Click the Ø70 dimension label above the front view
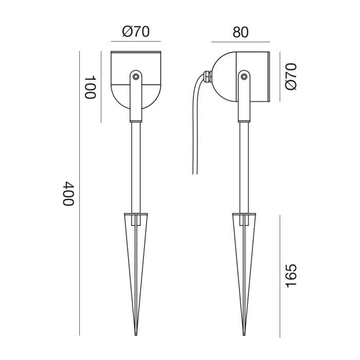pyautogui.click(x=136, y=31)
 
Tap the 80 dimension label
pyautogui.click(x=240, y=31)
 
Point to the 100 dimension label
pyautogui.click(x=91, y=87)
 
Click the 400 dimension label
pyautogui.click(x=68, y=193)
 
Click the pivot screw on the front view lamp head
pyautogui.click(x=135, y=76)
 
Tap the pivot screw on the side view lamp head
pyautogui.click(x=243, y=77)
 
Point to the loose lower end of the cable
pyautogui.click(x=195, y=173)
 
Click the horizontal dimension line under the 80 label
pyautogui.click(x=240, y=42)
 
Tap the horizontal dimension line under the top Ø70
pyautogui.click(x=136, y=42)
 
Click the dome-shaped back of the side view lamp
pyautogui.click(x=224, y=77)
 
